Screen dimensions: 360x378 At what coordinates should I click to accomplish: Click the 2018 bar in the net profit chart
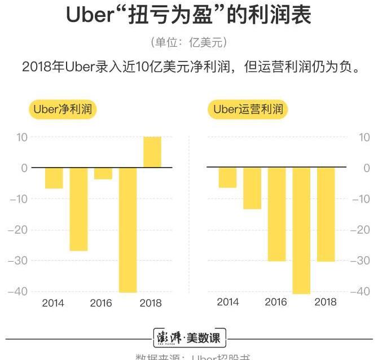pos(152,152)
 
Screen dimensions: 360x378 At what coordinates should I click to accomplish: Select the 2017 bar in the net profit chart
pos(128,230)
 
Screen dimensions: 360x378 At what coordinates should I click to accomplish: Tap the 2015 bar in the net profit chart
pos(78,209)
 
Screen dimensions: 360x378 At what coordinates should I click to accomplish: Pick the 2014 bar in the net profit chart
pos(54,178)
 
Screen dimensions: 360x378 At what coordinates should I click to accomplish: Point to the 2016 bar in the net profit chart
pos(103,173)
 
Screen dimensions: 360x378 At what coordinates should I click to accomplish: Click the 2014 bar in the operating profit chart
pos(227,177)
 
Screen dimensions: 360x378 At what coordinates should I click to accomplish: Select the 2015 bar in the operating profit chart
pos(252,188)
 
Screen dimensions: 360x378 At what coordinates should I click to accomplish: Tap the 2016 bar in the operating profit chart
pos(276,214)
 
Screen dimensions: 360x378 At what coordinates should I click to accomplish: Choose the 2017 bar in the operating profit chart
pos(301,230)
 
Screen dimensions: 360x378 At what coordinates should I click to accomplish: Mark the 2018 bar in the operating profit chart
pos(326,214)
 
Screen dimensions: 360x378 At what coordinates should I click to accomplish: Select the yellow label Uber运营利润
pos(248,109)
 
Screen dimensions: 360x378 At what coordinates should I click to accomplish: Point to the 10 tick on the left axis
pos(22,137)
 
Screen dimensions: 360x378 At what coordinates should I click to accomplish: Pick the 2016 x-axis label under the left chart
pos(102,303)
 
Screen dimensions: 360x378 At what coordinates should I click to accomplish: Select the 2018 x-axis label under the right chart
pos(325,302)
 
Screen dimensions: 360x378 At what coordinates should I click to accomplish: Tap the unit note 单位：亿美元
pos(189,42)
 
